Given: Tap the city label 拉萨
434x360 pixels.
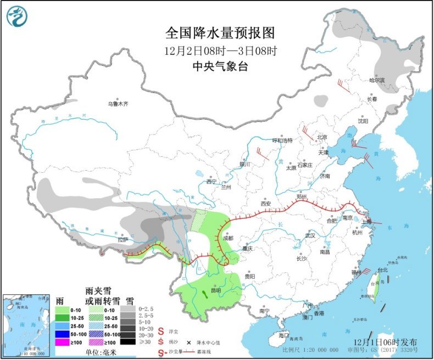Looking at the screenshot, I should [x=122, y=239].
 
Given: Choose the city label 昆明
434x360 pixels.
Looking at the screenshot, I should [x=218, y=291].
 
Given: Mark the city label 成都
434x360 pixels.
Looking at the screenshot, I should [x=227, y=239].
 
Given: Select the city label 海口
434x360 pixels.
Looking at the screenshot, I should [x=283, y=335].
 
